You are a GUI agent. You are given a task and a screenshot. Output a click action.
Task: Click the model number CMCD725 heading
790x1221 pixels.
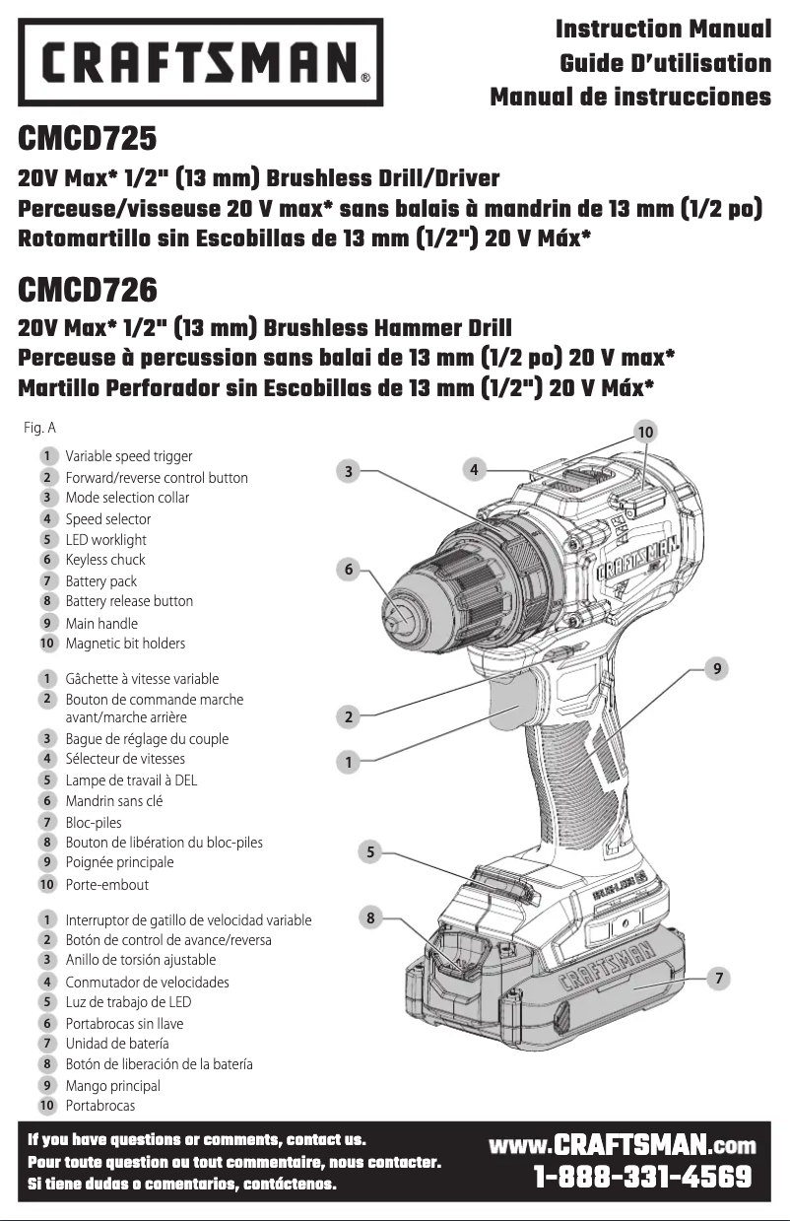click(89, 139)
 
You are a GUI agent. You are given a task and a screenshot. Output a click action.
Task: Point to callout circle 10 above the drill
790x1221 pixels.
click(645, 432)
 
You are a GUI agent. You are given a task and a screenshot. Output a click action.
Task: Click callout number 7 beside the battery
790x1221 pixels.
click(721, 979)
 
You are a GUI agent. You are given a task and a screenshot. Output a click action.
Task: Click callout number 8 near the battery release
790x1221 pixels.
click(370, 917)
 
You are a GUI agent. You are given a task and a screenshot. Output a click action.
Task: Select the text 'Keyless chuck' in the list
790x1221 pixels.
click(105, 560)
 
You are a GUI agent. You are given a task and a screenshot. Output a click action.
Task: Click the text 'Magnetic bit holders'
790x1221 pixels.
click(125, 644)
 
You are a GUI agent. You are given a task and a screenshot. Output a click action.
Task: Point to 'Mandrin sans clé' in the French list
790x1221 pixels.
click(114, 801)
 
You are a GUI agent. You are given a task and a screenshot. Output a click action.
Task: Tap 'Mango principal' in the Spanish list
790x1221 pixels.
click(112, 1085)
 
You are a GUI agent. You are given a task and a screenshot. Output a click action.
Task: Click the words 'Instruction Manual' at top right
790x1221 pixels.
click(663, 30)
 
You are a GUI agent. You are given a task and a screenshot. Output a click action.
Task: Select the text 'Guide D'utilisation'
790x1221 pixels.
click(665, 64)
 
